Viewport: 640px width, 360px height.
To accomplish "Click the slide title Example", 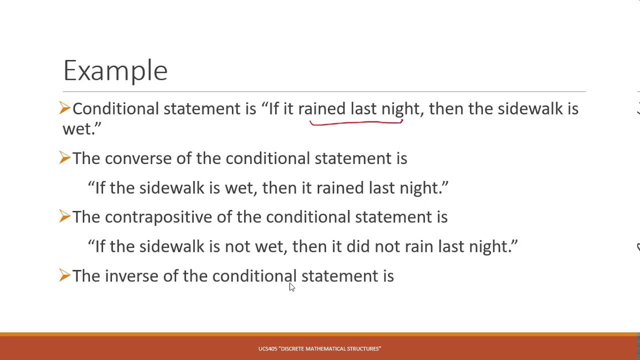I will click(115, 70).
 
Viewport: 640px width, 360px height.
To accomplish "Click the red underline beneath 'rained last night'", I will click(356, 122).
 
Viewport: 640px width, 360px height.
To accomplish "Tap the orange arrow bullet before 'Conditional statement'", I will click(64, 108).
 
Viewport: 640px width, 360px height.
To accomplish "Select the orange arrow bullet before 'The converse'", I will click(64, 157).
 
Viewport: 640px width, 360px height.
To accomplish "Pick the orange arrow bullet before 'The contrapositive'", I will click(64, 216).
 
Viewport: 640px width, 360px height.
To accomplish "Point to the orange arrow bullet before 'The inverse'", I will click(64, 275).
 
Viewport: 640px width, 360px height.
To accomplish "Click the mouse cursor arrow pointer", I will click(291, 286).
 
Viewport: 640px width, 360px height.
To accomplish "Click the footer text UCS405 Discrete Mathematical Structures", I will click(319, 348).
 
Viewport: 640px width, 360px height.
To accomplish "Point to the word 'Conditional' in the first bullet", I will click(115, 109).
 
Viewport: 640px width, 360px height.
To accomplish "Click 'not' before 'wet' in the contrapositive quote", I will click(237, 247).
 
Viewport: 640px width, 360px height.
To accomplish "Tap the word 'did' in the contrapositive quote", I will click(358, 247).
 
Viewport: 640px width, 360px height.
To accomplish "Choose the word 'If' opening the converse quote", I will click(100, 188).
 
